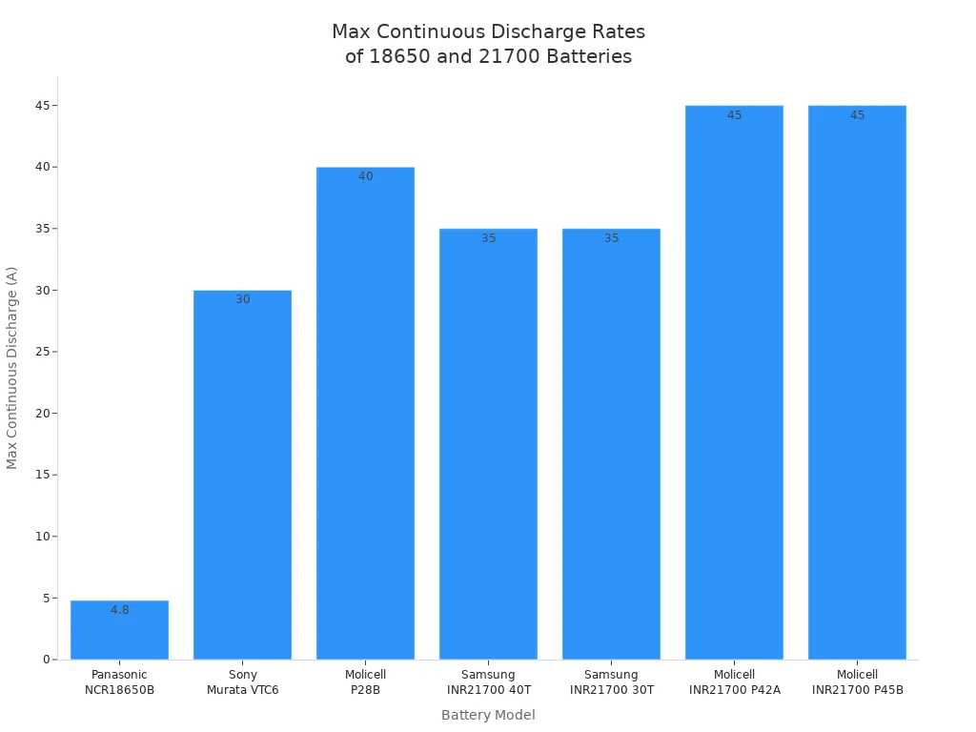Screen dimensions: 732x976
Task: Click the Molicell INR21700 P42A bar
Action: [x=734, y=382]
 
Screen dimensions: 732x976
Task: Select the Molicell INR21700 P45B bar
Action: [x=857, y=382]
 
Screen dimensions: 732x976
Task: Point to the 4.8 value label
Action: [x=119, y=610]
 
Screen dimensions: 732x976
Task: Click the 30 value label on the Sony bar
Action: [x=242, y=299]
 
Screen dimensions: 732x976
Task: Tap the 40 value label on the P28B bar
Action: [x=365, y=176]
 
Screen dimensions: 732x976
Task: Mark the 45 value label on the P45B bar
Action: [x=857, y=115]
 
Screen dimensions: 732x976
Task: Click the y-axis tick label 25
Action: [x=41, y=352]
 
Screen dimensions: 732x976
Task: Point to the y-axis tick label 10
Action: [x=41, y=537]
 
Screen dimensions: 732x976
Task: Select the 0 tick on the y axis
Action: [x=45, y=660]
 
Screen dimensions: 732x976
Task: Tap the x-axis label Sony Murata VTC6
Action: [x=242, y=682]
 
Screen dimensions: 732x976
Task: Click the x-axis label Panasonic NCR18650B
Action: [x=119, y=682]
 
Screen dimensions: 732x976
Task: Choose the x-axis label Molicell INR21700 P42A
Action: [x=734, y=682]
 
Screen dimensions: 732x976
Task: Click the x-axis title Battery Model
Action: [x=488, y=715]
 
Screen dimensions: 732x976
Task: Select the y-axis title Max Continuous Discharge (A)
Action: [x=12, y=367]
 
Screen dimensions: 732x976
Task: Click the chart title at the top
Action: [x=488, y=44]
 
